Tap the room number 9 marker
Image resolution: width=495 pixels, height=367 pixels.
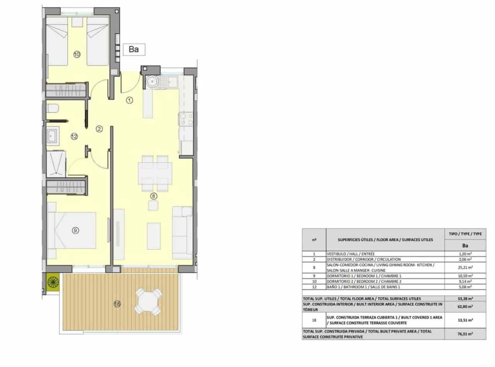pos(75,230)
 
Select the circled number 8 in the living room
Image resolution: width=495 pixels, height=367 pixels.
pos(154,196)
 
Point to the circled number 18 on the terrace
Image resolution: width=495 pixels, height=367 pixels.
pos(117,304)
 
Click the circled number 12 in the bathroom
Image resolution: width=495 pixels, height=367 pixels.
pos(74,136)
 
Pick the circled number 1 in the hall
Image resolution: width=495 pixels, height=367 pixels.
pos(130,100)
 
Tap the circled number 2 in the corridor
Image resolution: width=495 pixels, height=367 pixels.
pos(99,129)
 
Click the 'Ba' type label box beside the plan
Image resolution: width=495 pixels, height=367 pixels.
pos(134,50)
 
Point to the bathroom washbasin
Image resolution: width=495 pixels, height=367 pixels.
pos(52,136)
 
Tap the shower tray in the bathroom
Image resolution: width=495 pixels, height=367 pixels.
pos(56,163)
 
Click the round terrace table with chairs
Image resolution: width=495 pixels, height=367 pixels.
pos(148,301)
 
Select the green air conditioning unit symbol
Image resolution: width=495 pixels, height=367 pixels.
pos(53,282)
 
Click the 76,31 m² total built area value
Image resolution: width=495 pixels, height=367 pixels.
pos(465,334)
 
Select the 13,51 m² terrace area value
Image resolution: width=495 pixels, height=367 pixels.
pos(465,320)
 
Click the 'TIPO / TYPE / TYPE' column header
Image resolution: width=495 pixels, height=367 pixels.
pos(465,234)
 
